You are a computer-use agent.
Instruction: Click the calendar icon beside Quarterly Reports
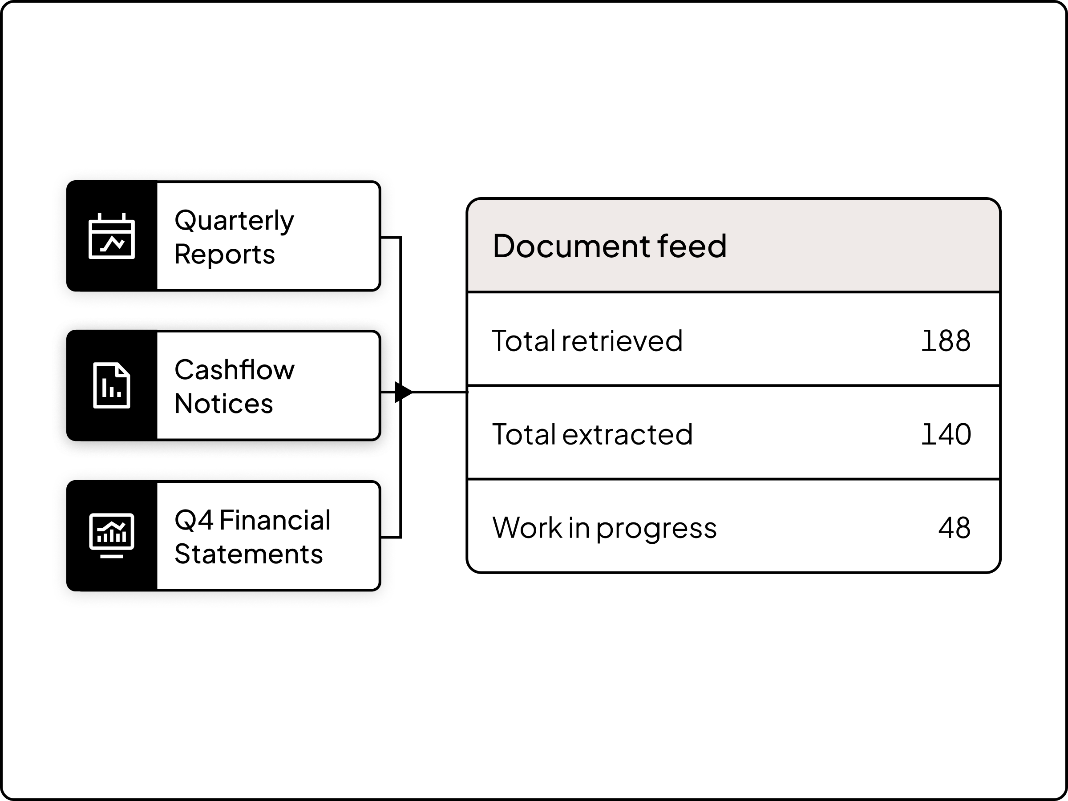click(x=112, y=236)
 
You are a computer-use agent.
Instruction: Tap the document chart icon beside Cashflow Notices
click(x=112, y=385)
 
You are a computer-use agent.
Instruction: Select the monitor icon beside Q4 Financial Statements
click(x=112, y=535)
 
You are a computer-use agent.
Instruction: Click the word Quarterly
click(x=234, y=221)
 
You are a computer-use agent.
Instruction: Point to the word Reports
click(x=225, y=255)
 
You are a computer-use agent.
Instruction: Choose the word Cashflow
click(x=234, y=370)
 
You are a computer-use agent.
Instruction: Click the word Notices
click(x=223, y=404)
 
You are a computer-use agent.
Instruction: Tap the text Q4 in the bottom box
click(x=194, y=521)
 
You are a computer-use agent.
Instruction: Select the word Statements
click(x=248, y=554)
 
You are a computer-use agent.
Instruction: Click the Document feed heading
click(x=609, y=246)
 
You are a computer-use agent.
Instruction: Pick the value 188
click(x=945, y=341)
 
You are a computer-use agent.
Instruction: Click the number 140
click(x=945, y=434)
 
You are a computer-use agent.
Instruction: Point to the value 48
click(x=954, y=528)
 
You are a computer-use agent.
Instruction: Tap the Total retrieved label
click(x=587, y=341)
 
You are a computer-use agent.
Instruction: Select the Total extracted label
click(x=592, y=434)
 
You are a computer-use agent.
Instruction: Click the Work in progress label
click(x=604, y=528)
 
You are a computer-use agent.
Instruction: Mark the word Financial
click(x=275, y=521)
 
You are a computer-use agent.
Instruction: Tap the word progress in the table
click(x=656, y=529)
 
